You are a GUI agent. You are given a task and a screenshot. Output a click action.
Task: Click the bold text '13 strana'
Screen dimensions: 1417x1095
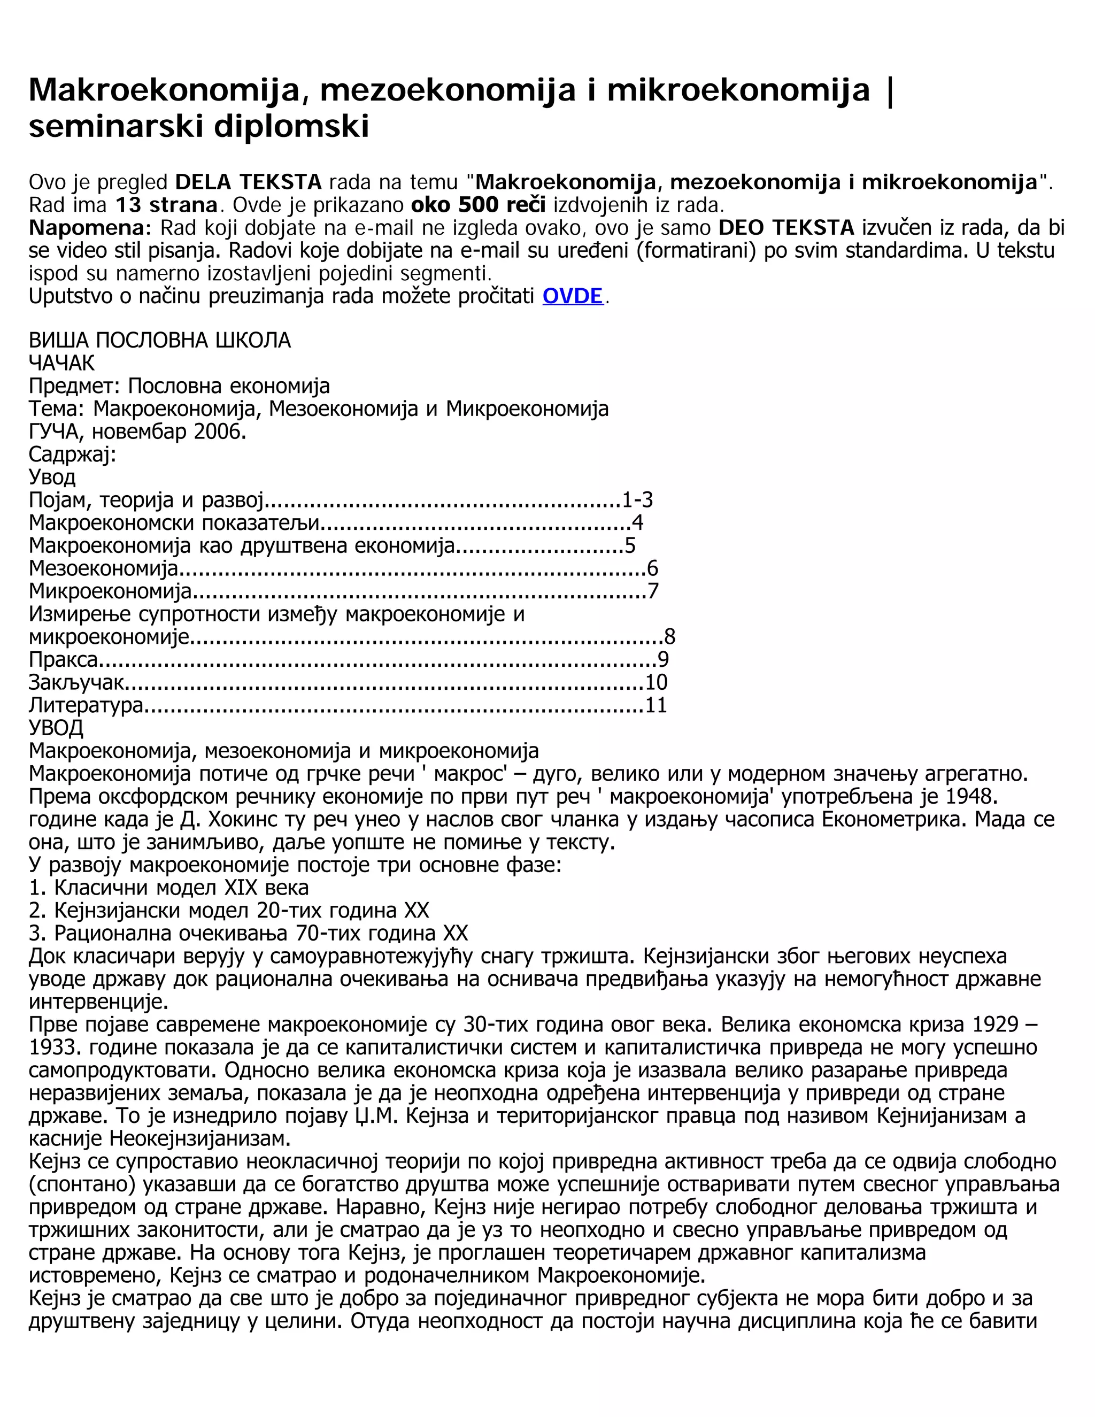pyautogui.click(x=166, y=205)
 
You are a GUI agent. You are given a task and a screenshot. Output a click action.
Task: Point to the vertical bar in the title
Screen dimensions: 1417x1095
pyautogui.click(x=889, y=89)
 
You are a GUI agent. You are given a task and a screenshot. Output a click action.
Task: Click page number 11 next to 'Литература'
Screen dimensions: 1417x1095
pyautogui.click(x=657, y=705)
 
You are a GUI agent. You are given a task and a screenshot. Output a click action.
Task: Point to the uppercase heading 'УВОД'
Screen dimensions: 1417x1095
pyautogui.click(x=56, y=728)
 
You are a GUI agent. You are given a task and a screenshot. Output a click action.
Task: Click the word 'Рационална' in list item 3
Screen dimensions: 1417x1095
pyautogui.click(x=119, y=933)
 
